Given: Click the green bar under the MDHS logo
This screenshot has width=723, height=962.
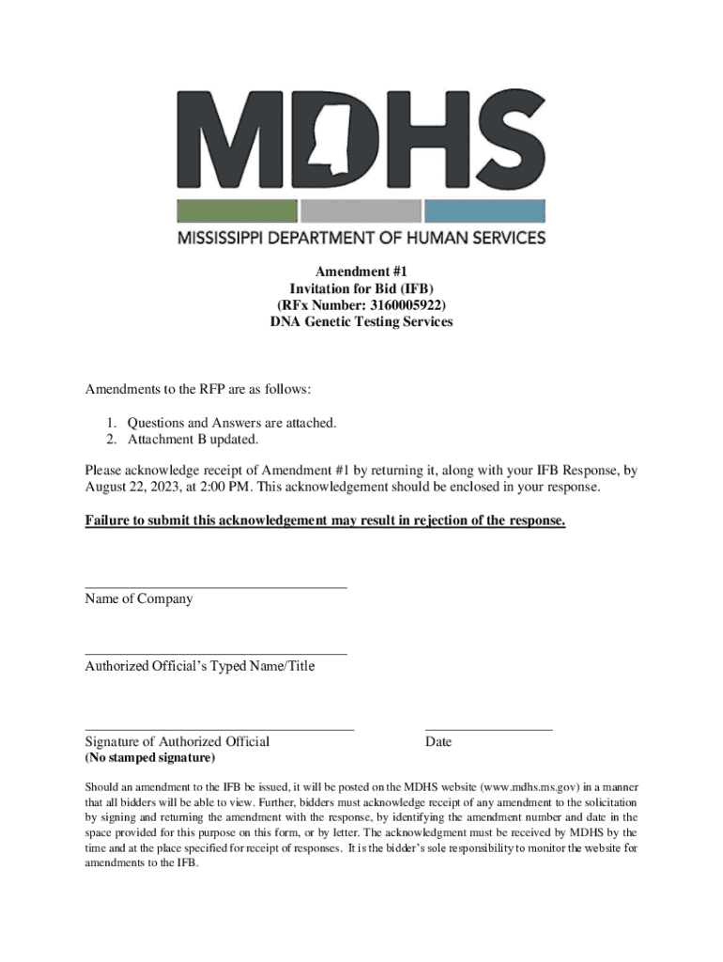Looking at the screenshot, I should tap(238, 210).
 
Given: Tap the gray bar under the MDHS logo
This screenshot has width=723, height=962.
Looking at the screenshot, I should tap(361, 210).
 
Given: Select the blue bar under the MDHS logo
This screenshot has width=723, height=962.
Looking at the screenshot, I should tap(485, 210).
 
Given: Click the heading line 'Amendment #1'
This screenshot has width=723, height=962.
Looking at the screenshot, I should tap(361, 272).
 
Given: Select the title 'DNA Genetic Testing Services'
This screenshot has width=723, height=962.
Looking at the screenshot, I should tap(361, 322).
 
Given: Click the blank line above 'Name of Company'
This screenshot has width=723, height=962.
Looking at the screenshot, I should tap(216, 587).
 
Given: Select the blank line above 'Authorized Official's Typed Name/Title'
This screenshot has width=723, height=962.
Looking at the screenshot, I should tap(216, 654).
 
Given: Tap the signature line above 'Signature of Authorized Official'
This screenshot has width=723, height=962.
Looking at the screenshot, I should tap(220, 729).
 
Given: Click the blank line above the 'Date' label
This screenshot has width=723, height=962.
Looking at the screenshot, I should tap(488, 729).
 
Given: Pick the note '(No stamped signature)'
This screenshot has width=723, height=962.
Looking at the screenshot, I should tap(150, 757).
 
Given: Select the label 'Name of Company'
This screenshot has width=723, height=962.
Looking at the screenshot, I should tap(139, 598).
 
